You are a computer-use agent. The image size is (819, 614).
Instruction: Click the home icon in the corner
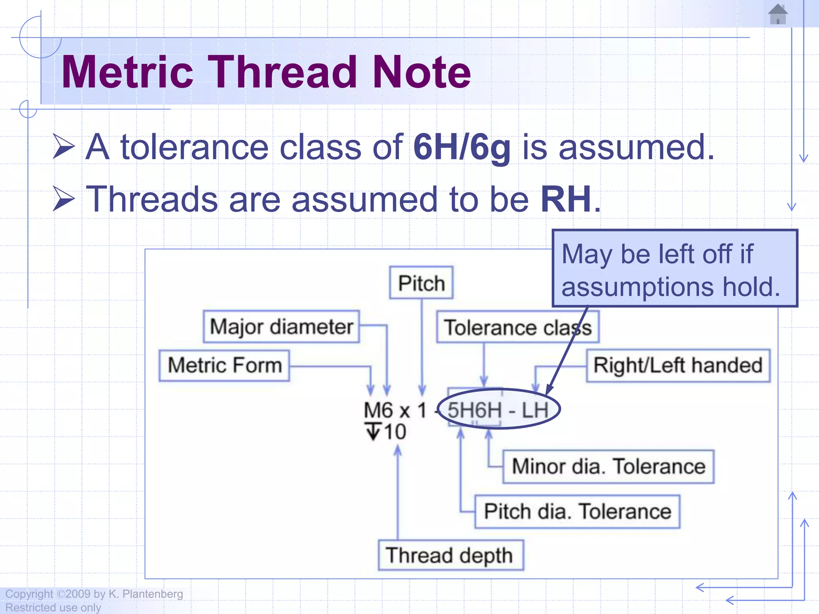click(x=777, y=14)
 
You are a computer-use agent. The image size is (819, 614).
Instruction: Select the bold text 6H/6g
click(x=462, y=148)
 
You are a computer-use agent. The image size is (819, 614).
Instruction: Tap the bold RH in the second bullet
click(x=566, y=199)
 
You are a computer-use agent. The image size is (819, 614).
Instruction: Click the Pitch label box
click(x=421, y=283)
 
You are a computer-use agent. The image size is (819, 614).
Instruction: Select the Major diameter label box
click(x=281, y=327)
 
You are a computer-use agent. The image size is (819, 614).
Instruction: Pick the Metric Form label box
click(x=224, y=365)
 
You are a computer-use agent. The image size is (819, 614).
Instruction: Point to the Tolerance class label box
click(x=517, y=327)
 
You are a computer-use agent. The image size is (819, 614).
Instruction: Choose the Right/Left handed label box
click(x=678, y=365)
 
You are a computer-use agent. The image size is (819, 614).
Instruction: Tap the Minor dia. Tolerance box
click(x=608, y=466)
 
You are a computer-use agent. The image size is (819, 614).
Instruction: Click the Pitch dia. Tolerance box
click(x=577, y=512)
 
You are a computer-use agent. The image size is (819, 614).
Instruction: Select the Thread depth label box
click(x=450, y=555)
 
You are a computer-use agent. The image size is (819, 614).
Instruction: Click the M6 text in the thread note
click(x=378, y=411)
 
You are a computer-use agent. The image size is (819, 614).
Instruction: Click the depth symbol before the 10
click(x=373, y=432)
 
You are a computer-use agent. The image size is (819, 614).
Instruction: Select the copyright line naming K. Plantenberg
click(x=94, y=594)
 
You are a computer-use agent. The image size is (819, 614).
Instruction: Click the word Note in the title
click(x=421, y=72)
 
